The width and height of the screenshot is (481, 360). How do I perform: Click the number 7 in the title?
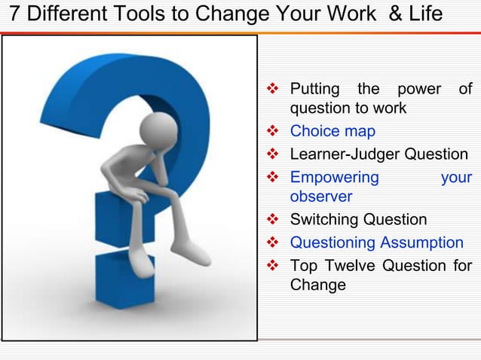pyautogui.click(x=11, y=15)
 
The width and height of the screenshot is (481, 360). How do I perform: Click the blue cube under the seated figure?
pyautogui.click(x=121, y=218)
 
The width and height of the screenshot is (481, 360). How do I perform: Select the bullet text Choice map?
pyautogui.click(x=332, y=131)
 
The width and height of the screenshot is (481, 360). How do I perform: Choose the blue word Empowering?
pyautogui.click(x=335, y=178)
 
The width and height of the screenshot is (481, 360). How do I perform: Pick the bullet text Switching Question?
pyautogui.click(x=358, y=220)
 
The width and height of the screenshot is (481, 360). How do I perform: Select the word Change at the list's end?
pyautogui.click(x=318, y=285)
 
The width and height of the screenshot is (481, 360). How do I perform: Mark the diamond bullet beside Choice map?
pyautogui.click(x=274, y=131)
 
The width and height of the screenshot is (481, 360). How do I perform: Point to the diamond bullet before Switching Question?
pyautogui.click(x=274, y=220)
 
